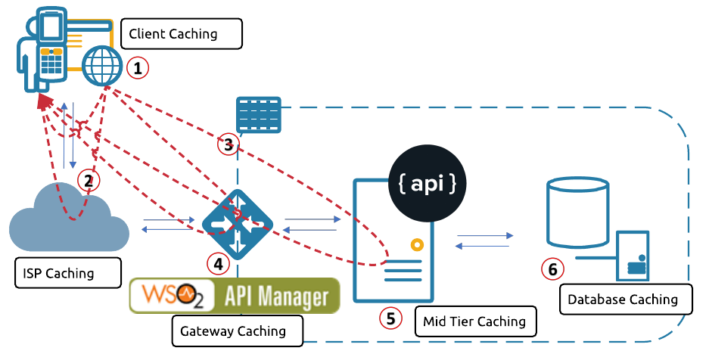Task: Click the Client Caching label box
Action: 181,33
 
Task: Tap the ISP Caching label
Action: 67,273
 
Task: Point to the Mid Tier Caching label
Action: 475,321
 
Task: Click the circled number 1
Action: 137,68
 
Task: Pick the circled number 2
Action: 89,180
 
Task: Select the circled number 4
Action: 218,263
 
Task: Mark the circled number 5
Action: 390,318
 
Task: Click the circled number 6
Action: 552,268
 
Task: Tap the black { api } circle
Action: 426,182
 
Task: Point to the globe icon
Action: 102,66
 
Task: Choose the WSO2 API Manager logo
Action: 235,296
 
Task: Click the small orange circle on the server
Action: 415,244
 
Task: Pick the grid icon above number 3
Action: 258,115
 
